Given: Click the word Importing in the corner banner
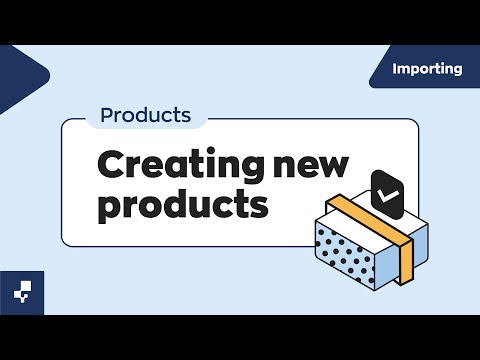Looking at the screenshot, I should click(428, 69).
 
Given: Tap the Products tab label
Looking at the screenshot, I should click(146, 115).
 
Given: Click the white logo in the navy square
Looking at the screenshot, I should click(21, 291).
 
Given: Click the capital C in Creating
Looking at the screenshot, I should click(111, 164).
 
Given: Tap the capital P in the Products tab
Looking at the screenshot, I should click(108, 115).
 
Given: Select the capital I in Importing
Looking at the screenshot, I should click(396, 69).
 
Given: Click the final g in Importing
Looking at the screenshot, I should click(457, 71).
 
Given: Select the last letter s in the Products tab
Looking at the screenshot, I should click(185, 116).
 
